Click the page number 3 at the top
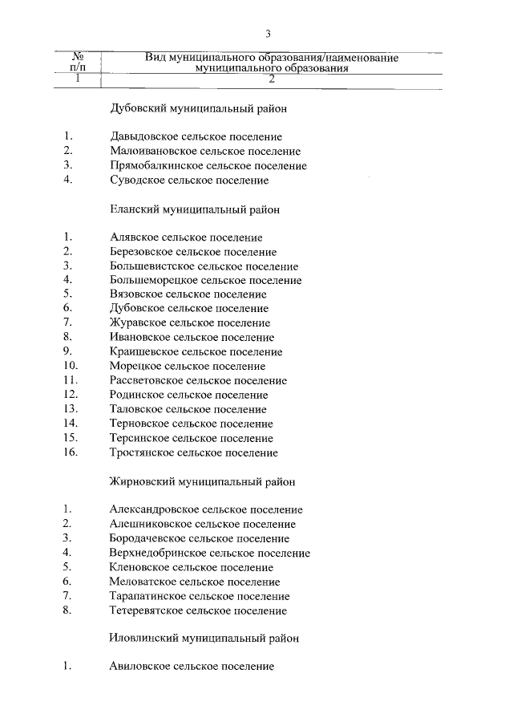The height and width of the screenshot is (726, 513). click(x=269, y=34)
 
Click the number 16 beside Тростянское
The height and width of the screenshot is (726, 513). click(x=69, y=452)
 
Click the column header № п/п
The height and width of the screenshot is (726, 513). click(x=79, y=63)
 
